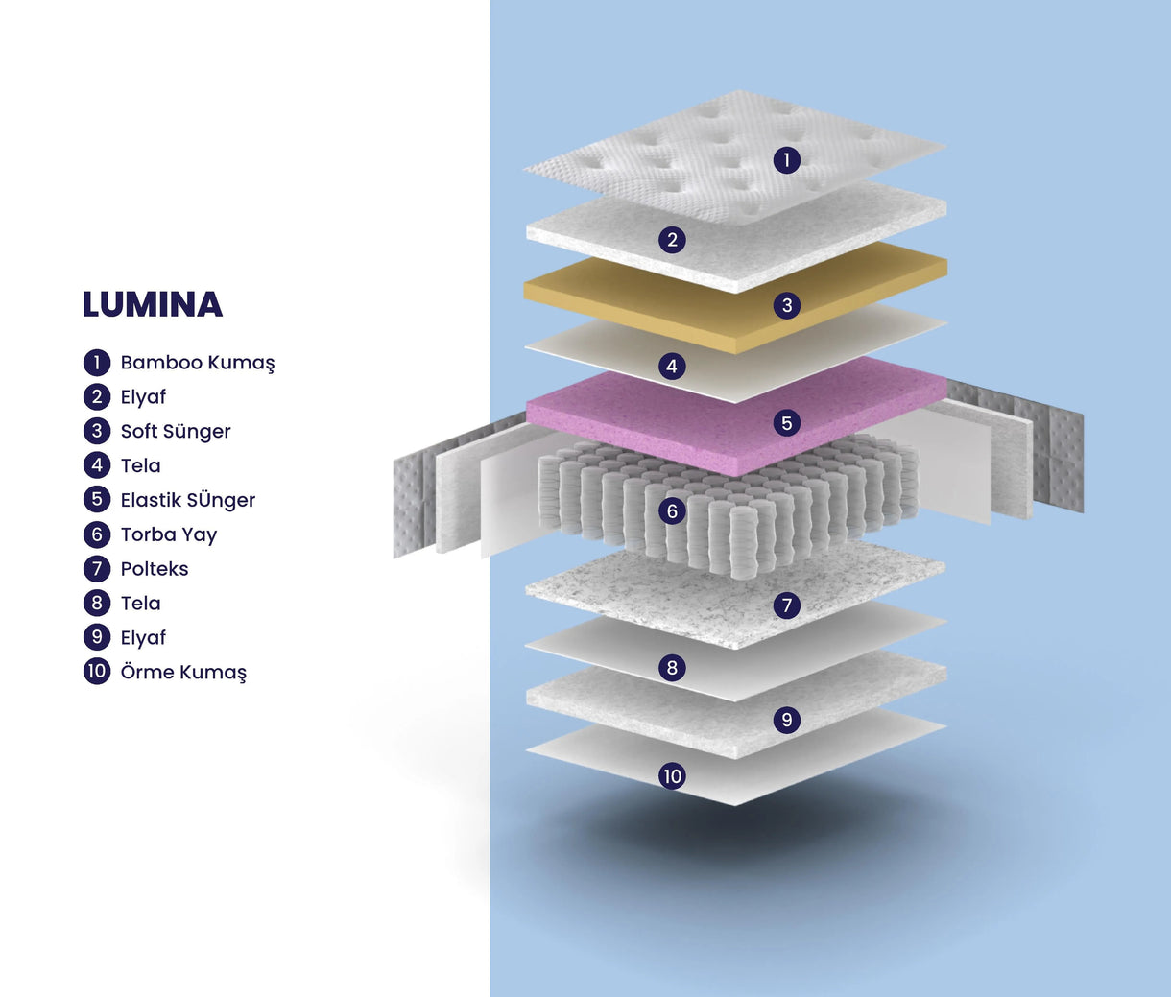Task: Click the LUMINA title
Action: pyautogui.click(x=153, y=304)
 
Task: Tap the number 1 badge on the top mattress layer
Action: pyautogui.click(x=786, y=160)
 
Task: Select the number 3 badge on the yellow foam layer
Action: pyautogui.click(x=786, y=305)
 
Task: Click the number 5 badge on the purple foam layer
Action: pyautogui.click(x=786, y=422)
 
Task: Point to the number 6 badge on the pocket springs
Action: pyautogui.click(x=672, y=511)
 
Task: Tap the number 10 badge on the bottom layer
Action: pyautogui.click(x=672, y=776)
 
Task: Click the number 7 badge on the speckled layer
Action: pyautogui.click(x=786, y=605)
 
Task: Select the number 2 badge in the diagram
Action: pyautogui.click(x=672, y=240)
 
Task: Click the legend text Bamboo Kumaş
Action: pyautogui.click(x=197, y=363)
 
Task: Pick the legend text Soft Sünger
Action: pyautogui.click(x=176, y=432)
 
